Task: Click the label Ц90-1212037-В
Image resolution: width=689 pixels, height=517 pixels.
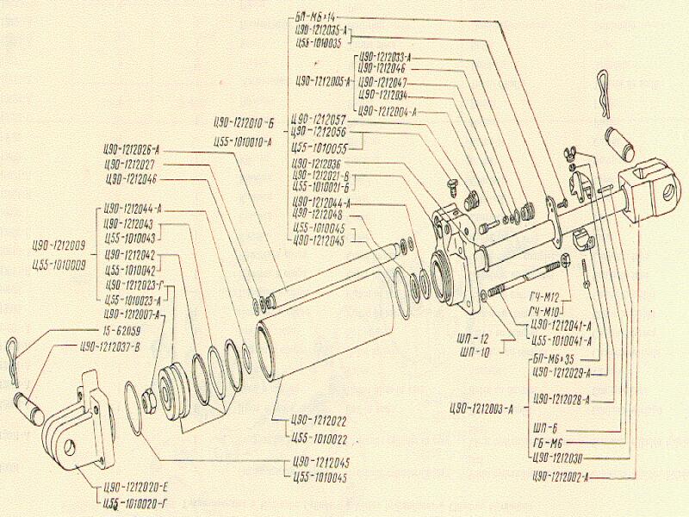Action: [x=116, y=347]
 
